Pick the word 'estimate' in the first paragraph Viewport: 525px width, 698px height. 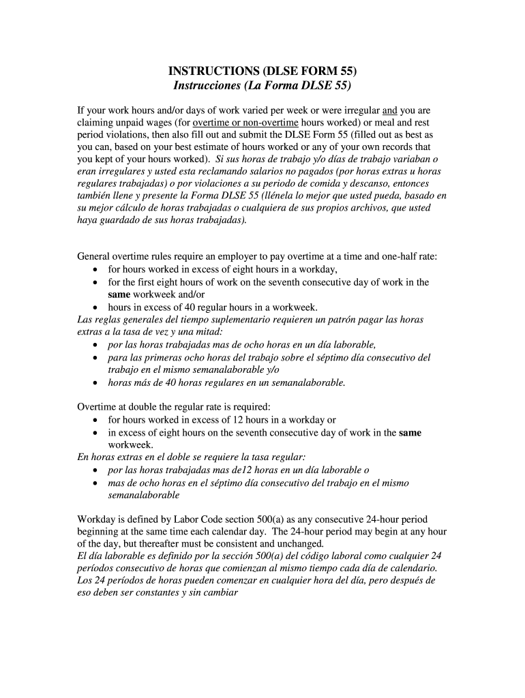[225, 147]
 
